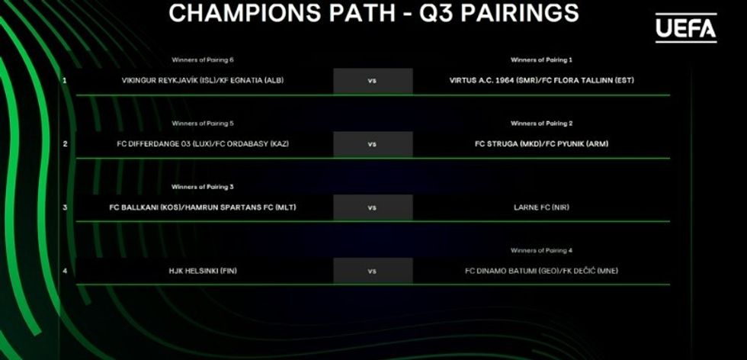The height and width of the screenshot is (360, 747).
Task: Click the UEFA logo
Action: (x=686, y=28)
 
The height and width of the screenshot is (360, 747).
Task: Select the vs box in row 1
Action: (x=373, y=81)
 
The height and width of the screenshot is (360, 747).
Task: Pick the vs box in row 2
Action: (x=373, y=144)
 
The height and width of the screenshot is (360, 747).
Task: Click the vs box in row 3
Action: (x=373, y=207)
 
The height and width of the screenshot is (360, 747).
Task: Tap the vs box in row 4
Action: (x=373, y=271)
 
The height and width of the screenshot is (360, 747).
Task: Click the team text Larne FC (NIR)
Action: (x=542, y=207)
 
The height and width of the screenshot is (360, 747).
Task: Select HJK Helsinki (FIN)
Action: (x=203, y=271)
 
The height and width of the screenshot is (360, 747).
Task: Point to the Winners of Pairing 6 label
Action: (x=203, y=60)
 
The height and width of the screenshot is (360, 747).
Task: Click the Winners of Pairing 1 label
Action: (x=542, y=60)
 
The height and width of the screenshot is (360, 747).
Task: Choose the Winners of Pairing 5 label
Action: (x=203, y=124)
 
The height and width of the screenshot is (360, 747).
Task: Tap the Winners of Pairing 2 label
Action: (x=542, y=124)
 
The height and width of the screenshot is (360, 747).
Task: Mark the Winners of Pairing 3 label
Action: (x=203, y=187)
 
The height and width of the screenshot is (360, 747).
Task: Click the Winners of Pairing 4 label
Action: (x=542, y=250)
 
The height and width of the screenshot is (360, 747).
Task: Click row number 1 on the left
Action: (x=65, y=81)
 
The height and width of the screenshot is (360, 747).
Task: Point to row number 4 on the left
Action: (x=65, y=271)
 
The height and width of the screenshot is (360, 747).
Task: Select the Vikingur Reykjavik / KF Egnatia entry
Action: (x=203, y=81)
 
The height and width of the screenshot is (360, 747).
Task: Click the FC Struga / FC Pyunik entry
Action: (x=542, y=144)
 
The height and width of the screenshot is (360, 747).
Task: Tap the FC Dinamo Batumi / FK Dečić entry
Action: (x=542, y=271)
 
